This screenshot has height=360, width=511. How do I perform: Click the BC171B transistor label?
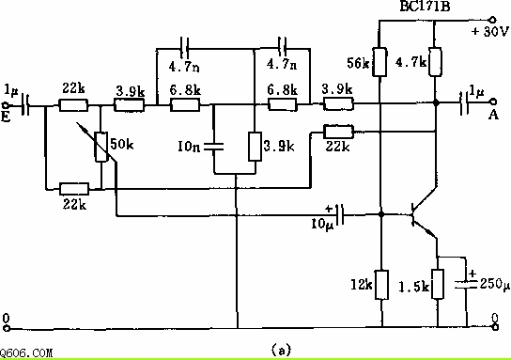click(425, 6)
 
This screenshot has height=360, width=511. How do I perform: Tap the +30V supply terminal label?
click(489, 31)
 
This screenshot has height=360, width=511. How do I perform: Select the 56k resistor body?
click(379, 62)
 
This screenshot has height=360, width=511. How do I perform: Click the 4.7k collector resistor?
click(435, 62)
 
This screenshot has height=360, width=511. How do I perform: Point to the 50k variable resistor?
click(101, 147)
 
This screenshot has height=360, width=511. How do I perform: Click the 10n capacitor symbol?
click(214, 147)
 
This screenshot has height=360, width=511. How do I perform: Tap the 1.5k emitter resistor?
click(438, 284)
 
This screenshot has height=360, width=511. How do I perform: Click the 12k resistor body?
click(381, 285)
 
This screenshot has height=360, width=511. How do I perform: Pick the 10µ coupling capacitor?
click(340, 214)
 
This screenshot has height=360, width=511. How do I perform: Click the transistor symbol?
click(423, 213)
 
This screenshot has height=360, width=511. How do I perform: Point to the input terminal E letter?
click(6, 117)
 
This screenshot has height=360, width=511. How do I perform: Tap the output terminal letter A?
click(493, 115)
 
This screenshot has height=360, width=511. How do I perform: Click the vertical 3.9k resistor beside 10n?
click(255, 147)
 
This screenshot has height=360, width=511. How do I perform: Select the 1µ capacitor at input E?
click(25, 105)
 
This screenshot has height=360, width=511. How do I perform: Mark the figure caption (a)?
click(281, 351)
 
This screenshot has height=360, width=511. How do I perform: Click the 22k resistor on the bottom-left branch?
click(74, 189)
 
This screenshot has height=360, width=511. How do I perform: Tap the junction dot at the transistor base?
click(380, 214)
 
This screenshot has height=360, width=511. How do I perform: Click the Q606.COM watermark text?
click(26, 352)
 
